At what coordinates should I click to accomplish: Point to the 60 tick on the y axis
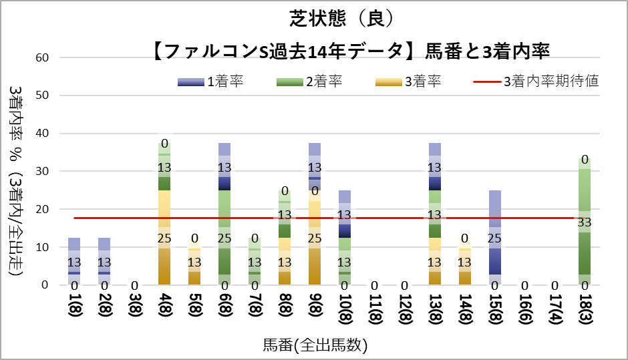(43, 57)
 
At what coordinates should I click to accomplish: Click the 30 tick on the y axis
(43, 171)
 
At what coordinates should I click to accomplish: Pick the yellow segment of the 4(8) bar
(164, 220)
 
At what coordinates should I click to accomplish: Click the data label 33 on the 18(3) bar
(585, 222)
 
